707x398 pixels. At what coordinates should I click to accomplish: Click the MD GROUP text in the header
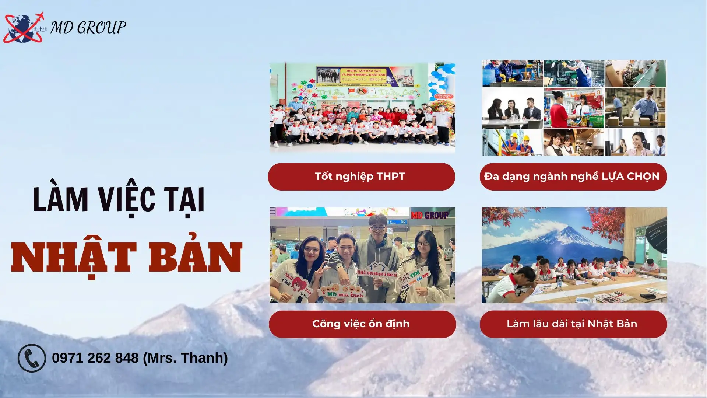[88, 28]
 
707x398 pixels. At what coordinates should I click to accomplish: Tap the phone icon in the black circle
[32, 358]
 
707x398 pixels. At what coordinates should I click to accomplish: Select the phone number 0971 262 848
[95, 358]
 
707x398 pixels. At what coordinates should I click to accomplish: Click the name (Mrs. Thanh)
[185, 358]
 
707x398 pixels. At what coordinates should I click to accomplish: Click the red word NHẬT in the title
[74, 258]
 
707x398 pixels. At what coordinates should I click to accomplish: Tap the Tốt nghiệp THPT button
[361, 177]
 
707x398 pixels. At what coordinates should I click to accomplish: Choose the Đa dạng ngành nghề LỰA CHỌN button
[573, 177]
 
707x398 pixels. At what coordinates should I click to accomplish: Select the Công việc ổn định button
[362, 324]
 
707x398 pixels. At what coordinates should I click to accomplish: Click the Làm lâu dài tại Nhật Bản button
[573, 324]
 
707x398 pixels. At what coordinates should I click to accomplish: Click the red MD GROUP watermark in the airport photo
[430, 215]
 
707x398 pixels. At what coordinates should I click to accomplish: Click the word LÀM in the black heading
[60, 199]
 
